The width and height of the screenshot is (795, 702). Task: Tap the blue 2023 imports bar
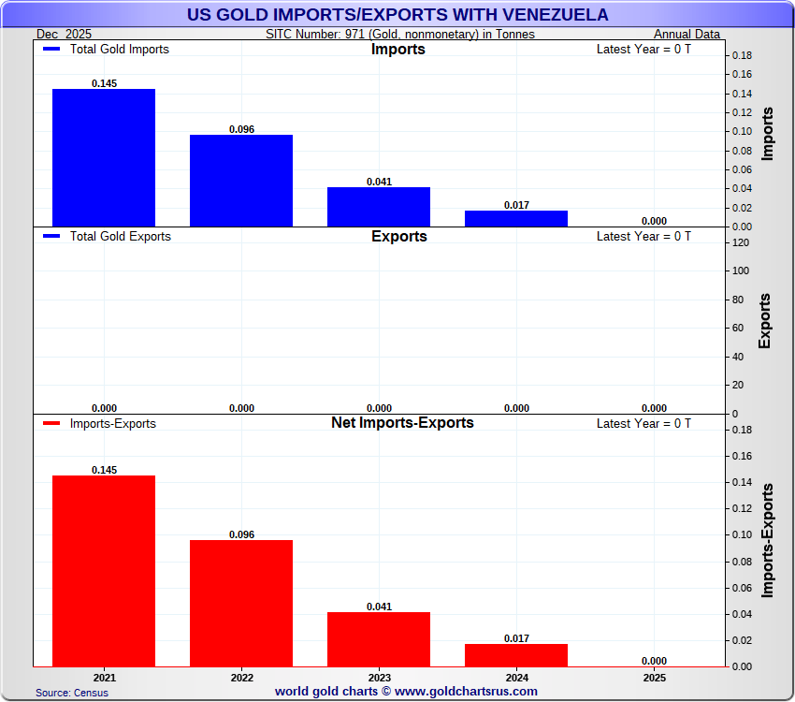378,207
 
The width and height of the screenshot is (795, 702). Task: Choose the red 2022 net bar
240,604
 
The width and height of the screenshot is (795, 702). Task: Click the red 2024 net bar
515,655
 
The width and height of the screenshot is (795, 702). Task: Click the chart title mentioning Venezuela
397,15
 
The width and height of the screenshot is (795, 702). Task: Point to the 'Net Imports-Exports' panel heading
402,423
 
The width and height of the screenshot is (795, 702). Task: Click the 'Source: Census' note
72,693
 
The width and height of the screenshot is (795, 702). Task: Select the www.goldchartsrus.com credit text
406,692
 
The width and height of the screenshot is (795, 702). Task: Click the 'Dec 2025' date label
65,34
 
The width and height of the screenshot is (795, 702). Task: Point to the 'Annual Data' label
687,34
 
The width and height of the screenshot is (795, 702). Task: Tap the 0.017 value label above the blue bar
515,204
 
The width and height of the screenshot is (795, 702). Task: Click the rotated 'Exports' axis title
764,321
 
